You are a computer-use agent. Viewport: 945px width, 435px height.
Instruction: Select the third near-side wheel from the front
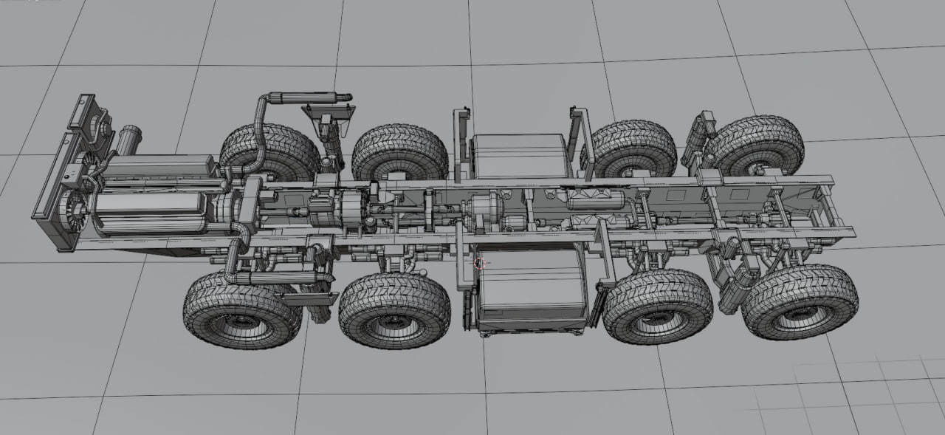click(657, 306)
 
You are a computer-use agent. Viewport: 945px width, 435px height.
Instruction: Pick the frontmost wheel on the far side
click(270, 151)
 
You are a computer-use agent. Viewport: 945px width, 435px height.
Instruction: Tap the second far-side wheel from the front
click(399, 152)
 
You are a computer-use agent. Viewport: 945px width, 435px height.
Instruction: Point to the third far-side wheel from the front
click(634, 148)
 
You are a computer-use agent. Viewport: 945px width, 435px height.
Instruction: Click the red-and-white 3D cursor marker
click(480, 262)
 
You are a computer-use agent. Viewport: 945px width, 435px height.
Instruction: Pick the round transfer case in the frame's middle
click(484, 210)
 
